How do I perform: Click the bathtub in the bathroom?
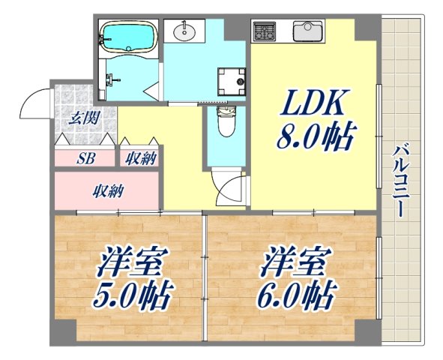pos(128,36)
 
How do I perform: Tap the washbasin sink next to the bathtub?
pos(184,31)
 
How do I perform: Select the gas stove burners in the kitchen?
pos(264,31)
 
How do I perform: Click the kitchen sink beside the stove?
pos(307,31)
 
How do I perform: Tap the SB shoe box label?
pos(86,158)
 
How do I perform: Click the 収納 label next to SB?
pos(140,157)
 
